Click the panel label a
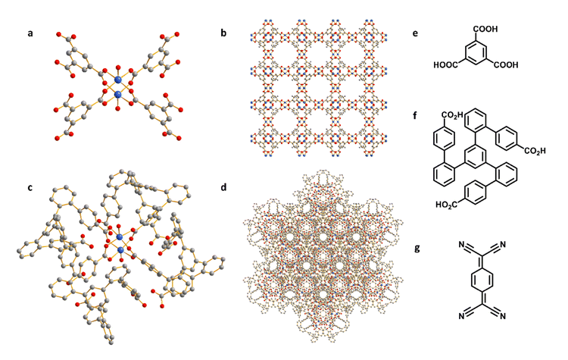point(30,33)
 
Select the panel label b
point(223,33)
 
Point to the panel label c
point(30,188)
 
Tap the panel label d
point(223,187)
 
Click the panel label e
point(415,33)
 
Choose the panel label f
point(415,115)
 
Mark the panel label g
point(417,249)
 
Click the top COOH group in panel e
point(485,29)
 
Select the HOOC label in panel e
point(446,65)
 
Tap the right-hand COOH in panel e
point(506,65)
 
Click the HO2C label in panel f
point(446,205)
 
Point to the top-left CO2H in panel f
point(452,116)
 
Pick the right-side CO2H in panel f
point(535,151)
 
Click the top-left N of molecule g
point(461,245)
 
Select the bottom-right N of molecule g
point(502,316)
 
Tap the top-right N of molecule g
point(502,245)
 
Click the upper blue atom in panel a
point(117,80)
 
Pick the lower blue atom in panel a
point(118,95)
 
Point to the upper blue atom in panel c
point(119,236)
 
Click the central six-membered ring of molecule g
point(482,280)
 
